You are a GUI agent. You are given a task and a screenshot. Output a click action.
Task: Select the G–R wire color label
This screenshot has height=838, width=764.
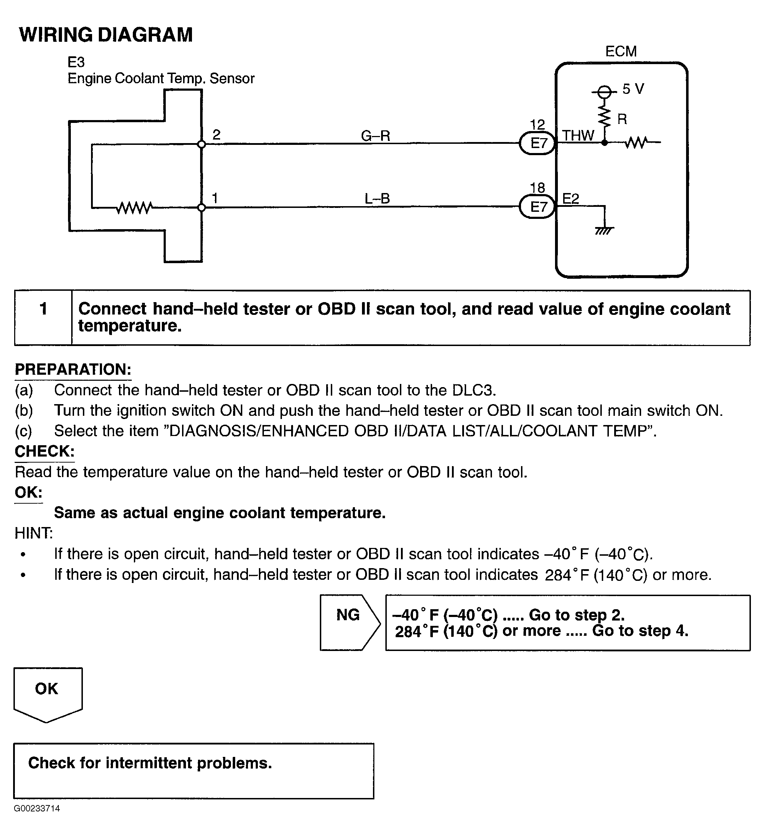click(375, 136)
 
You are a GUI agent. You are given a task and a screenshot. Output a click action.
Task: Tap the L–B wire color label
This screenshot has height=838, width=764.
click(377, 198)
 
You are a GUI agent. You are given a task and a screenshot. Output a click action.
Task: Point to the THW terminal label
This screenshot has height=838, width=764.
click(578, 136)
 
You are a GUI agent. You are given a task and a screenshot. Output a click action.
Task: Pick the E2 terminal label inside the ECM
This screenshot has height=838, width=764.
click(571, 199)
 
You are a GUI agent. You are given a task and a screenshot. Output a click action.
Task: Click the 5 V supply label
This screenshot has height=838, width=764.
click(633, 89)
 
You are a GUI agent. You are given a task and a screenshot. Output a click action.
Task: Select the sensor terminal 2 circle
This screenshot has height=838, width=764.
click(201, 144)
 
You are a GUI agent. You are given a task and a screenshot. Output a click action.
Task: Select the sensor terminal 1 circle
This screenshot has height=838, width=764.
click(201, 208)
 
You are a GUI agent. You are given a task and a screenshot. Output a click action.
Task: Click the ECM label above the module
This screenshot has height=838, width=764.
click(621, 52)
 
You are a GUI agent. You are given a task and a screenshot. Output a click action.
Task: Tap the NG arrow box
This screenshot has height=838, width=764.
click(350, 623)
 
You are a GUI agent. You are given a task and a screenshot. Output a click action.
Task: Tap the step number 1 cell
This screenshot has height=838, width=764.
click(43, 318)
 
